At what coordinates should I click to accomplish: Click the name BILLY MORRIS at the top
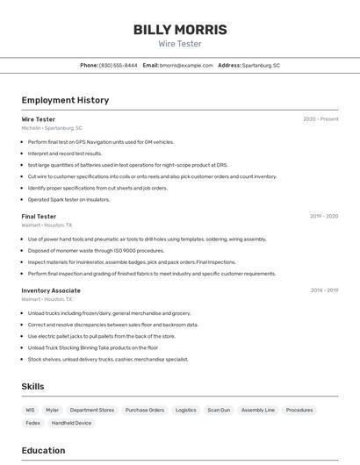[180, 30]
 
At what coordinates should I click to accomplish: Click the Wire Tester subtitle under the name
[180, 43]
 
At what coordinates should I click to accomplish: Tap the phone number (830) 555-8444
[119, 65]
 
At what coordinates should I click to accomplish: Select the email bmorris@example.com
[187, 65]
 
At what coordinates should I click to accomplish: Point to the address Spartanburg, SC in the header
[261, 65]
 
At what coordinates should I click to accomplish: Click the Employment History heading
[65, 100]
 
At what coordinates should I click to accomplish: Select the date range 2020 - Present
[320, 119]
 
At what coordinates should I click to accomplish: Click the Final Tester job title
[39, 216]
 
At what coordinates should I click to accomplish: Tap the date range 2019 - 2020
[324, 216]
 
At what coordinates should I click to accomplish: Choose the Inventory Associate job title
[51, 290]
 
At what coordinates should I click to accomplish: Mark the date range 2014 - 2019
[324, 290]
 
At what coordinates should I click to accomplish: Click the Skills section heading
[32, 386]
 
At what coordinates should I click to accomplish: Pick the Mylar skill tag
[53, 410]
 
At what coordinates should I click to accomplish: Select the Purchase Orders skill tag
[145, 410]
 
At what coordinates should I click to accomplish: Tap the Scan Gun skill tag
[219, 410]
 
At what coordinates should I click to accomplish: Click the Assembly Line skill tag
[258, 410]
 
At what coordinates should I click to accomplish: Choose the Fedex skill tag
[32, 423]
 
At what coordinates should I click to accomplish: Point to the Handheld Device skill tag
[71, 423]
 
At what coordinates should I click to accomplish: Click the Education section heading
[43, 450]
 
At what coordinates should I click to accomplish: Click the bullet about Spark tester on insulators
[68, 199]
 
